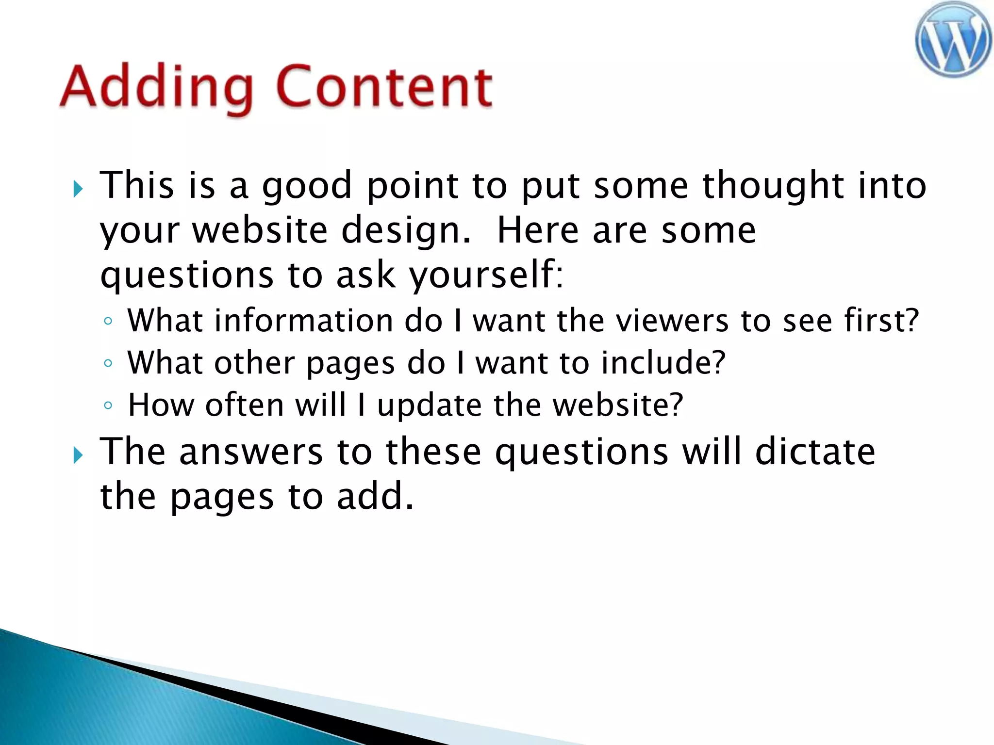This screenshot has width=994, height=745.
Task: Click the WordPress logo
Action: [953, 40]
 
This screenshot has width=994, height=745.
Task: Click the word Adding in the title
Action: [156, 87]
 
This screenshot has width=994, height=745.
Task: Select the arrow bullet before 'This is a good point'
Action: [78, 189]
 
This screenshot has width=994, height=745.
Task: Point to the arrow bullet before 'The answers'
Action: [78, 455]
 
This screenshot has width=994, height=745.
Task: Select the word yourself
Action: [486, 275]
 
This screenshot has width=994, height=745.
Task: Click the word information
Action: [304, 321]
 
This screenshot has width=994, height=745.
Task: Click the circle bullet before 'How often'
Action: [108, 405]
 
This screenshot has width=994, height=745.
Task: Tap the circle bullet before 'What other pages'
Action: [108, 363]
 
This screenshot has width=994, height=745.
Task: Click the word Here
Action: [538, 230]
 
